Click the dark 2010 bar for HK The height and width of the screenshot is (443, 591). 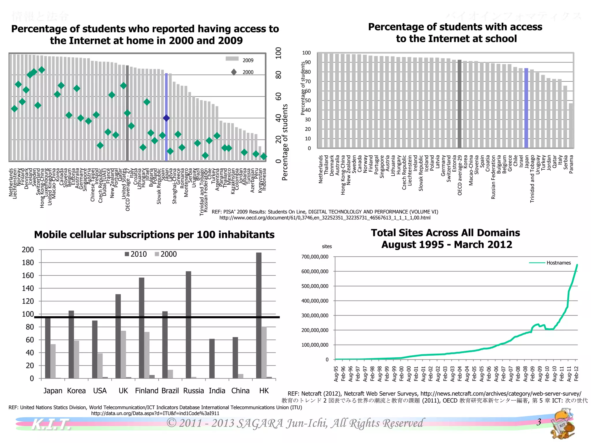click(x=259, y=314)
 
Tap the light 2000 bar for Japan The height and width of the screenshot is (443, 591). click(x=53, y=361)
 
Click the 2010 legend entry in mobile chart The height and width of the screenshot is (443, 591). click(x=136, y=254)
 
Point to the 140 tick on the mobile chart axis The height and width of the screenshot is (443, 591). click(x=28, y=288)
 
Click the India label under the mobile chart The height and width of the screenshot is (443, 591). click(x=217, y=391)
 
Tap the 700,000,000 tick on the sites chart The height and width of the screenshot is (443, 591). click(x=315, y=257)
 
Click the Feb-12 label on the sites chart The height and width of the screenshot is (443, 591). click(x=576, y=374)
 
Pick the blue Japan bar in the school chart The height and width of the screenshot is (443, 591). click(x=526, y=108)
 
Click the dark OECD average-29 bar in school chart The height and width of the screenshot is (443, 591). click(x=459, y=104)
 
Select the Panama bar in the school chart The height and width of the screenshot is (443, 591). click(x=571, y=126)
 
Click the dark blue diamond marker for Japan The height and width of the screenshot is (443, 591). click(x=166, y=118)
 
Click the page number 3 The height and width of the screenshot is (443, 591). click(x=538, y=422)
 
